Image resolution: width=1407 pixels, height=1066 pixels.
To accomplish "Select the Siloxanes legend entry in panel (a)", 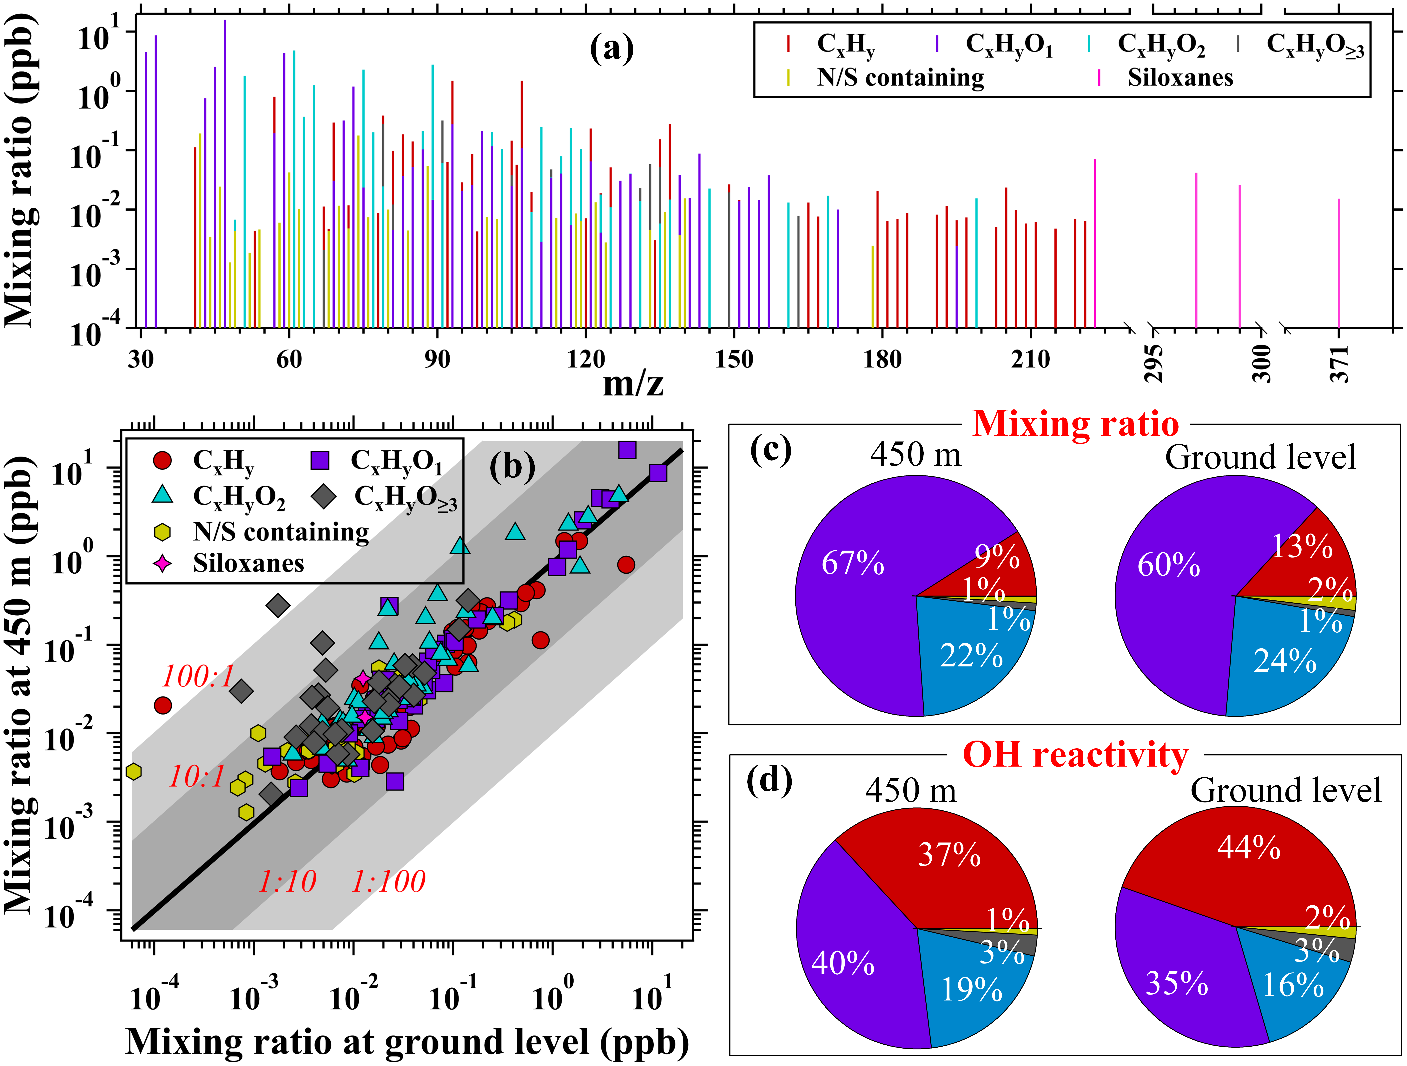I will click(1180, 78).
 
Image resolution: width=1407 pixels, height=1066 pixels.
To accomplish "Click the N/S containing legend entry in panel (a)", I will click(900, 78).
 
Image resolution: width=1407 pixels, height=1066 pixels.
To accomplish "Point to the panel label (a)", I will click(612, 49).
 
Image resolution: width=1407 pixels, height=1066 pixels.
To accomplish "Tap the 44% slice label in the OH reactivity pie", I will click(1249, 848).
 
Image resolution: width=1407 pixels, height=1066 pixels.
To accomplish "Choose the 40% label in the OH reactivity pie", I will click(843, 964).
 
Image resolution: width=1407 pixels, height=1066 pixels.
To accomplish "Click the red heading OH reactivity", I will click(1075, 756).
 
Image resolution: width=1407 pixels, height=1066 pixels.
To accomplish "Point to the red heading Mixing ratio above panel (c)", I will click(1075, 424).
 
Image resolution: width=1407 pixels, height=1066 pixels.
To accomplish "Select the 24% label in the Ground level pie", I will click(1285, 662).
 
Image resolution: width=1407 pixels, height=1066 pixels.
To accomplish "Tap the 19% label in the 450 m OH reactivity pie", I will click(971, 989).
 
